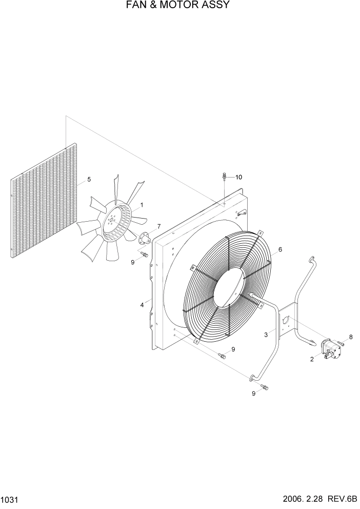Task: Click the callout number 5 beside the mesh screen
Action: pos(89,180)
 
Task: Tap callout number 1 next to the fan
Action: pos(142,205)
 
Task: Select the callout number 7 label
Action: pos(159,226)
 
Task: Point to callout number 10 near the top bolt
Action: pos(238,178)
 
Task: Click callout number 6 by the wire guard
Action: pos(280,250)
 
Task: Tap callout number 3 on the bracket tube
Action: pos(266,335)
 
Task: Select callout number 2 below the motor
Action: pos(312,359)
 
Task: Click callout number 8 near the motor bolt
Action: pos(351,337)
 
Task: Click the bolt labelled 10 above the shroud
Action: pos(225,178)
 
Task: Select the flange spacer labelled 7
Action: pos(145,238)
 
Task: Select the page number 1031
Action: pos(9,500)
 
